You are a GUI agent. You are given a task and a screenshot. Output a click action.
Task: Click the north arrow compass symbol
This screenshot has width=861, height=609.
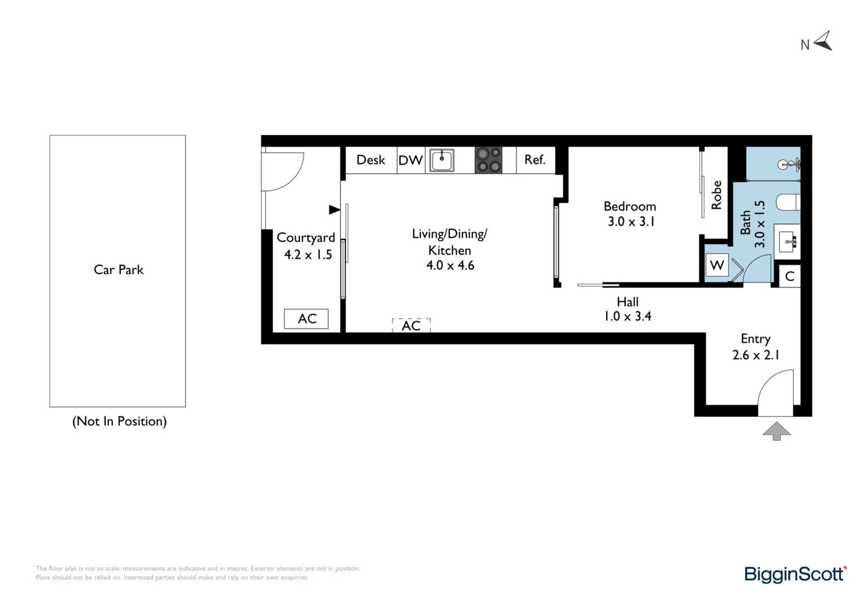click(x=823, y=41)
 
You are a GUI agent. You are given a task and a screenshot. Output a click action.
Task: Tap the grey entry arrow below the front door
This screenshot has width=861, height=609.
click(x=776, y=431)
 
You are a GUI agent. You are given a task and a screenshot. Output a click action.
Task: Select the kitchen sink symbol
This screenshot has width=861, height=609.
click(x=442, y=160)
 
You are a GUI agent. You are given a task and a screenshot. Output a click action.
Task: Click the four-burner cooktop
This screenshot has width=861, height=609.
click(x=488, y=160)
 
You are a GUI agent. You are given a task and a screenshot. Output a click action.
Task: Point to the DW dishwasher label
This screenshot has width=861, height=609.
click(x=411, y=160)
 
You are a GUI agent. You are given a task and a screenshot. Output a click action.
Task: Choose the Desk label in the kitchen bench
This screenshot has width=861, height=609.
click(x=371, y=160)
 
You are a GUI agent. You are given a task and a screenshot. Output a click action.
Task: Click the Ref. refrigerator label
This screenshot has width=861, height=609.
click(x=535, y=160)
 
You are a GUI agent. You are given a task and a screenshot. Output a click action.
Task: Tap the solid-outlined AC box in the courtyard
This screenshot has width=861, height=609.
click(x=306, y=319)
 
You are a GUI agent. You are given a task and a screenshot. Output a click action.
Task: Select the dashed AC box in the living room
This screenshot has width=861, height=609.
click(x=411, y=325)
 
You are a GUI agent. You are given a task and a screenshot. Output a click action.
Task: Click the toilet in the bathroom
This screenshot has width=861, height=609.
click(x=788, y=201)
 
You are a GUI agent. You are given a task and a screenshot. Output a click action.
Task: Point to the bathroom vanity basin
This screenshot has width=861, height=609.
click(x=787, y=241)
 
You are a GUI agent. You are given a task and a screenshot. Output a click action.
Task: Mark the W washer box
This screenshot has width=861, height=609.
click(x=717, y=265)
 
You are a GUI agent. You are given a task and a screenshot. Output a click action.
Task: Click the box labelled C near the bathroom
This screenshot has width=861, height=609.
click(x=789, y=276)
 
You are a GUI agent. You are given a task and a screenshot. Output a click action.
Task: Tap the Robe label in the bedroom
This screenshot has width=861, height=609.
click(x=716, y=195)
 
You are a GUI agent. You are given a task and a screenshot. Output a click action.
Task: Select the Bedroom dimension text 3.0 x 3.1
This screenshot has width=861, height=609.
click(x=631, y=222)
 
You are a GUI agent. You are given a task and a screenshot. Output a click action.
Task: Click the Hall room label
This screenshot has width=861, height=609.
click(x=627, y=302)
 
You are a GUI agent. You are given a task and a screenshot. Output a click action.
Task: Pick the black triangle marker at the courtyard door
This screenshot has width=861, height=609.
click(x=334, y=210)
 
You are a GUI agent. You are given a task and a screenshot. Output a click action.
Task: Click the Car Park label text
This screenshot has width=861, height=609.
click(x=118, y=270)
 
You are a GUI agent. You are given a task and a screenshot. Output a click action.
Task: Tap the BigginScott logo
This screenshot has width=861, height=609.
click(x=795, y=574)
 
